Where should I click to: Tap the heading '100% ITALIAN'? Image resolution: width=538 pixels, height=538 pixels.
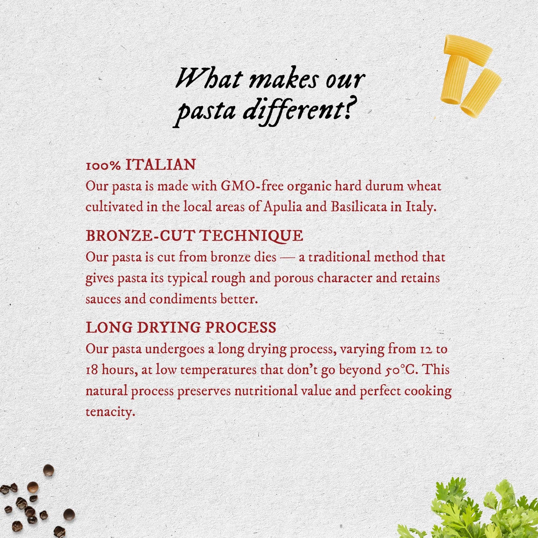(141, 165)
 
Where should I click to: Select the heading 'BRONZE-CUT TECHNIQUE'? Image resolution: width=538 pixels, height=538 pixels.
(194, 236)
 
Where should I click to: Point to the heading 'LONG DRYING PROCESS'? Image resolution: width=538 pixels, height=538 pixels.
(181, 327)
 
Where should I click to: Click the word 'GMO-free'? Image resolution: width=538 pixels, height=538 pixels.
(252, 186)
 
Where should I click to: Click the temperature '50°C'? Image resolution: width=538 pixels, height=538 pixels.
(401, 369)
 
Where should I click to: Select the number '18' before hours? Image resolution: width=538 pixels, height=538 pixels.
(92, 370)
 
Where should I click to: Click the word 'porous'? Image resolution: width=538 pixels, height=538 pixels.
(294, 278)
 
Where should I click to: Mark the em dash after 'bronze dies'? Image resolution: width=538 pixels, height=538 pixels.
(287, 258)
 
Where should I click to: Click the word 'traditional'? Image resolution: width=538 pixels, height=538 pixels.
(339, 257)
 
